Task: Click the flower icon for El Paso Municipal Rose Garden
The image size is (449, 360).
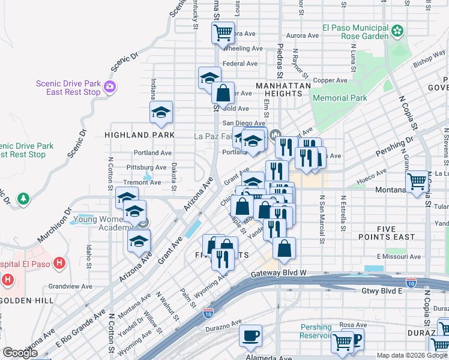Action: pos(397,30)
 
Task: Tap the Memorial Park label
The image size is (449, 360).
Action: pos(340,98)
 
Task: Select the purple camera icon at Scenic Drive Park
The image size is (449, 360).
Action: pos(109,88)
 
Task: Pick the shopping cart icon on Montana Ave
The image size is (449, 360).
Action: pos(417,181)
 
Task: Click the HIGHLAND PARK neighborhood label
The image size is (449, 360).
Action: pos(139,135)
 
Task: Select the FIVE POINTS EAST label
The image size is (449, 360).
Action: pos(387,233)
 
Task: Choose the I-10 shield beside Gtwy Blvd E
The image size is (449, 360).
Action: pos(411,281)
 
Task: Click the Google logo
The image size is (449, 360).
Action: pos(20,353)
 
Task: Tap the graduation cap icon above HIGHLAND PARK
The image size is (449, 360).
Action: pos(161,112)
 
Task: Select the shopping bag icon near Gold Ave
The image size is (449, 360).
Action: pos(223,94)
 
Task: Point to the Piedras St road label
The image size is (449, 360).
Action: pos(280,62)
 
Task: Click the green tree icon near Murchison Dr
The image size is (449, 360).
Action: pos(23,197)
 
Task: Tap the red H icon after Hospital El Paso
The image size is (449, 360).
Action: pos(59,263)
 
